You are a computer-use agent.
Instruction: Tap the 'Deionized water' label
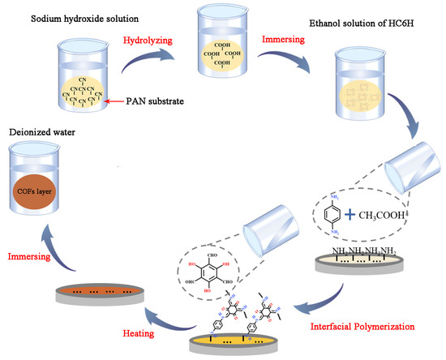pyautogui.click(x=40, y=127)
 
